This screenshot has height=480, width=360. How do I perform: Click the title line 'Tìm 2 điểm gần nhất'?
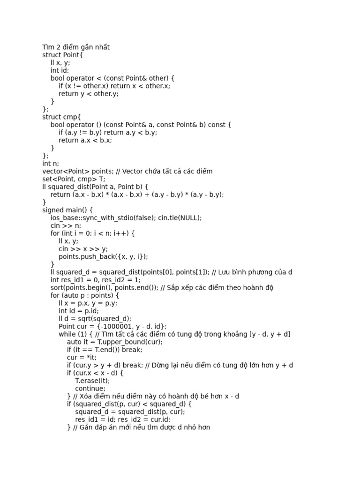tap(76, 47)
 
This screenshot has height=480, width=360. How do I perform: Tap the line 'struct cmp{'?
tap(61, 117)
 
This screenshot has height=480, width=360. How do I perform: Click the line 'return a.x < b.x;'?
tap(85, 140)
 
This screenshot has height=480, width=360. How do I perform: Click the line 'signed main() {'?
tap(67, 210)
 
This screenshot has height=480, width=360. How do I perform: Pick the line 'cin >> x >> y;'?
tap(83, 249)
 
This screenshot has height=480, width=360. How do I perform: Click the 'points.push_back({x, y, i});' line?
tap(103, 256)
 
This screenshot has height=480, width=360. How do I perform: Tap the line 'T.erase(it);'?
tap(92, 381)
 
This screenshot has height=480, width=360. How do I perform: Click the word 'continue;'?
tap(90, 388)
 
